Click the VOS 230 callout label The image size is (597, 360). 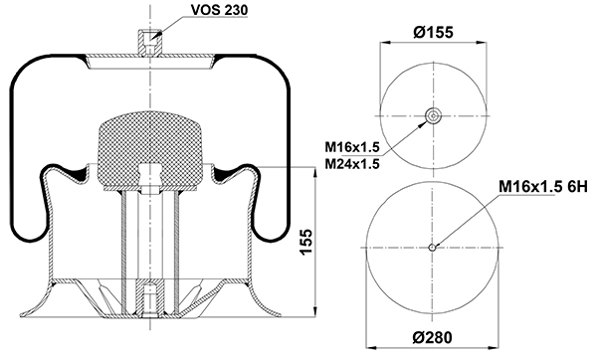(219, 10)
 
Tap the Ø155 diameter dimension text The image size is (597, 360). (433, 32)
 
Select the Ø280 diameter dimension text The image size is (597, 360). (433, 337)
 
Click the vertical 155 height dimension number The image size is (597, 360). (305, 242)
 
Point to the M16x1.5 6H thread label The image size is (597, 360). (543, 187)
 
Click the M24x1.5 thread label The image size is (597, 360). (352, 164)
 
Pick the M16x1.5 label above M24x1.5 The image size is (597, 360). (352, 146)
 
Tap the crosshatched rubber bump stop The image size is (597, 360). (150, 150)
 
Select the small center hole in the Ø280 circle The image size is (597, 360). (432, 248)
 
